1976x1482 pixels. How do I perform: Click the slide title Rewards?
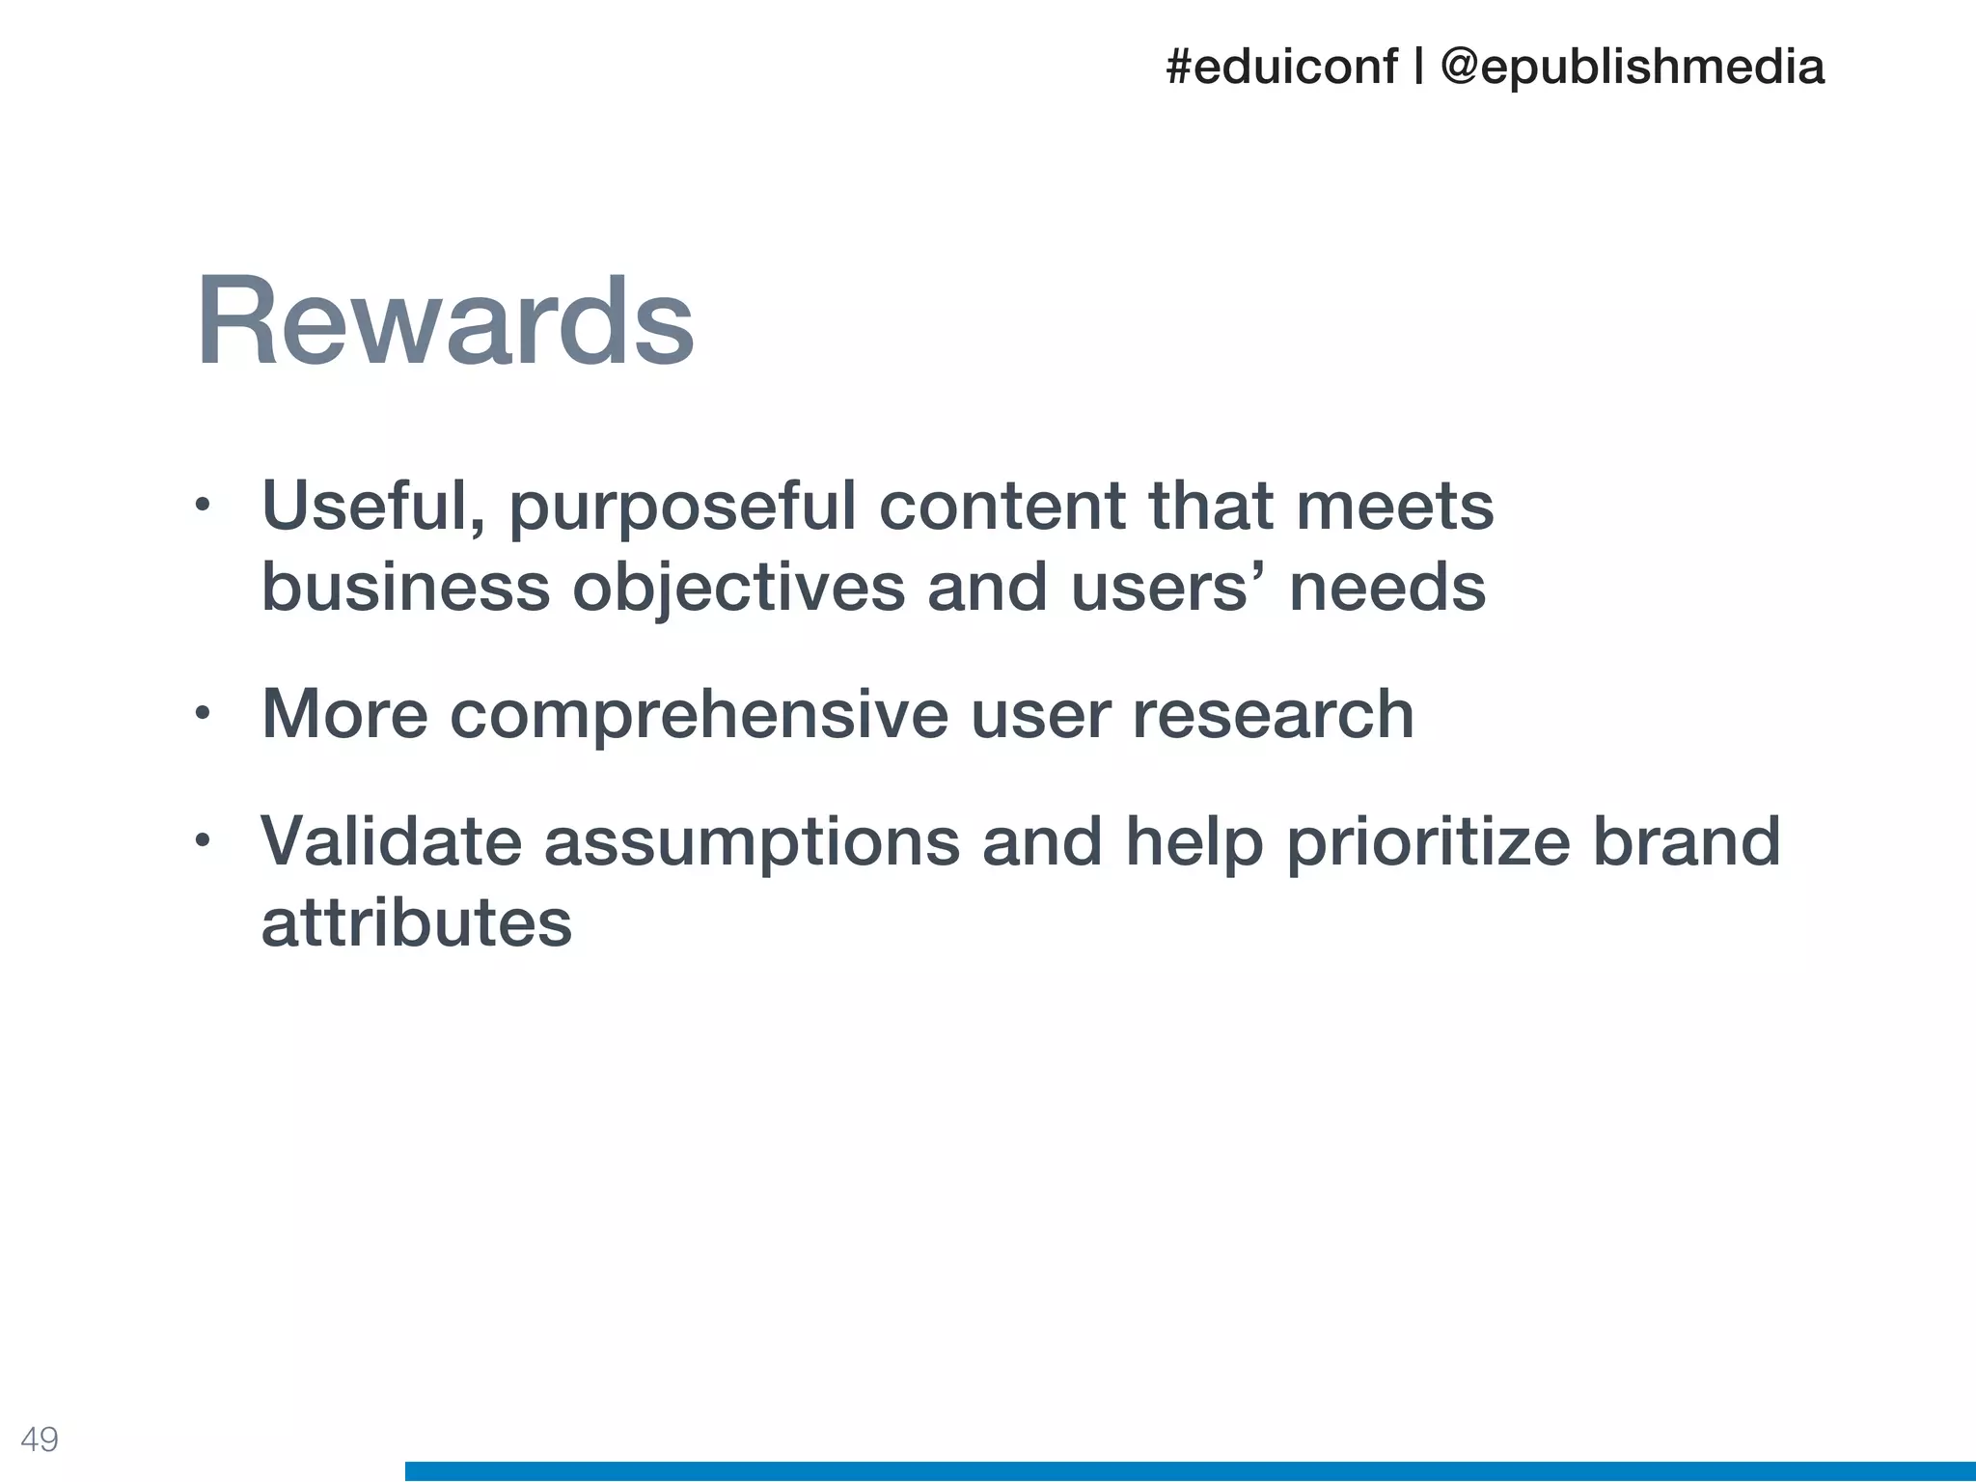(x=445, y=321)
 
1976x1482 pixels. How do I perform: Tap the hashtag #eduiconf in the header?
(x=1281, y=67)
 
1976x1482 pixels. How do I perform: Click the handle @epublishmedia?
(x=1632, y=67)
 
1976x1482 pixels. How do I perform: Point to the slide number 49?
(x=40, y=1439)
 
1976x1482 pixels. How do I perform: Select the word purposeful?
(x=682, y=508)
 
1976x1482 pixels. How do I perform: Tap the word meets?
(x=1394, y=506)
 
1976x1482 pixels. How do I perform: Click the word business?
(x=405, y=587)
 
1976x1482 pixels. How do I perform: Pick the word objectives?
(x=738, y=589)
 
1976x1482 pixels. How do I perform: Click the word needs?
(x=1387, y=587)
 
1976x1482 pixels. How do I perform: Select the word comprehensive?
(x=700, y=716)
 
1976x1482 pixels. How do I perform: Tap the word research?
(x=1273, y=714)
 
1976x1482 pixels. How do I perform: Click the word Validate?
(x=391, y=841)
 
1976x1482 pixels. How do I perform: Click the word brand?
(x=1686, y=841)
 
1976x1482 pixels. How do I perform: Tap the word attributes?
(x=417, y=922)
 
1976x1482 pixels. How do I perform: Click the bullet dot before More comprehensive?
(x=202, y=714)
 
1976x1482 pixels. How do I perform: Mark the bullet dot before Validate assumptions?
(x=202, y=840)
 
